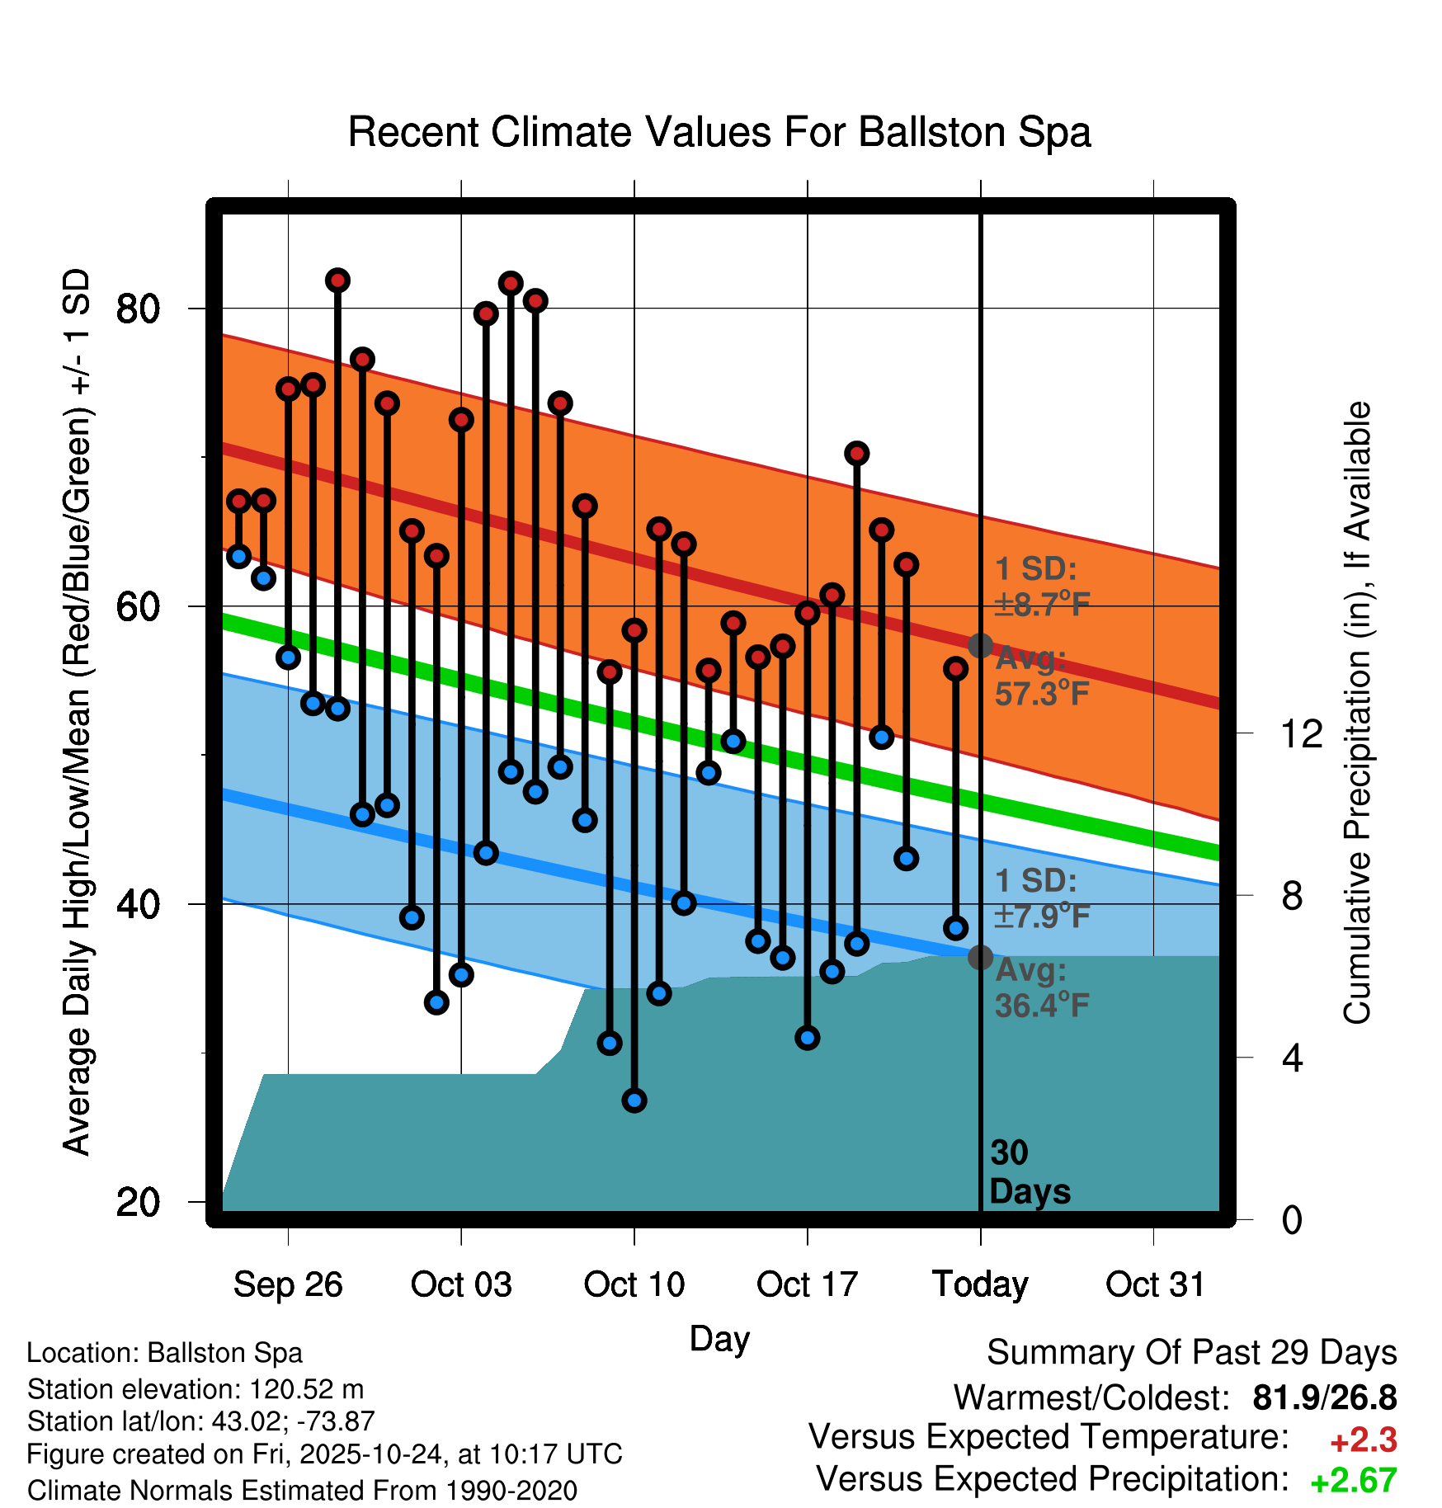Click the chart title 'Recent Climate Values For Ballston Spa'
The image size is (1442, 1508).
click(x=719, y=132)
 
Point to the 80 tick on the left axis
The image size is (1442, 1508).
click(x=138, y=309)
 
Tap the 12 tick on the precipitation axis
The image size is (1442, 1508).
click(x=1301, y=733)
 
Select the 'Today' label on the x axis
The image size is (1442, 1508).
click(x=980, y=1284)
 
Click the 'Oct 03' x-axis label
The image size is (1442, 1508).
click(x=461, y=1284)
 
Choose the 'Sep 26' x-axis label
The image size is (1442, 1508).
click(x=288, y=1284)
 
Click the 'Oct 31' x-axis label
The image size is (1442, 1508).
click(x=1155, y=1284)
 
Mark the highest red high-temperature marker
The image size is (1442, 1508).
click(x=337, y=280)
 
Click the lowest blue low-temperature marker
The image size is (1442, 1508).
click(x=634, y=1100)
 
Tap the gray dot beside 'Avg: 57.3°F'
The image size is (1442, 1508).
click(x=980, y=645)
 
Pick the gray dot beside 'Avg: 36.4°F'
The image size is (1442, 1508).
click(x=980, y=958)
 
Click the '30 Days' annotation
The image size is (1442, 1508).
click(x=1029, y=1172)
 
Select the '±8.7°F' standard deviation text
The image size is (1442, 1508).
click(x=1042, y=605)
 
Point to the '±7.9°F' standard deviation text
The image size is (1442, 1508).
click(x=1042, y=916)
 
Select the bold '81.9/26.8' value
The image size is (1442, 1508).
click(x=1324, y=1397)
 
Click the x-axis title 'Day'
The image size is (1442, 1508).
click(x=719, y=1338)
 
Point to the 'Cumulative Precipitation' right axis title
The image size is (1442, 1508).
click(x=1357, y=713)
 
